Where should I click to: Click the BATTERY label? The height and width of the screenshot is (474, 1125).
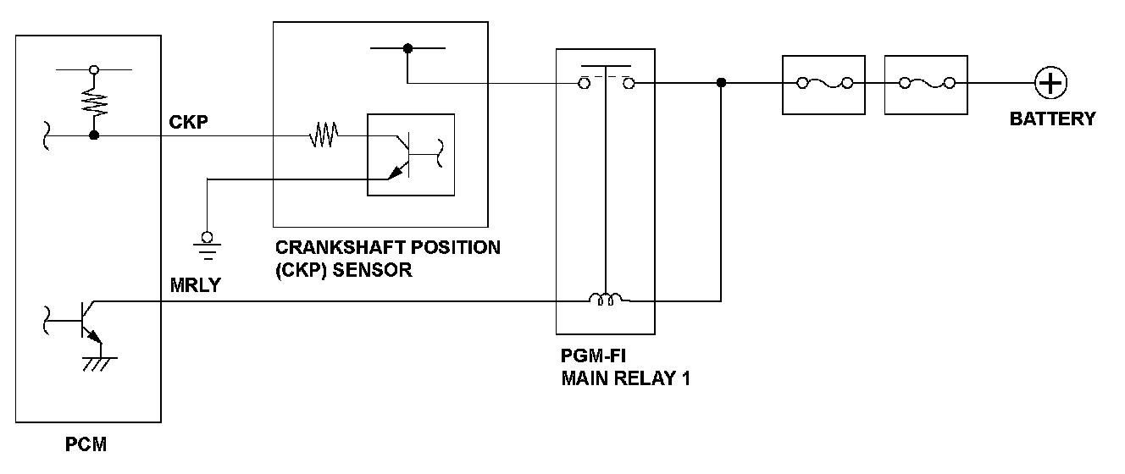(1052, 118)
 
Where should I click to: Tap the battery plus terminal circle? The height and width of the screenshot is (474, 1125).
(1050, 83)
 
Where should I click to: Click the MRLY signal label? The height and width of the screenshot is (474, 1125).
(194, 285)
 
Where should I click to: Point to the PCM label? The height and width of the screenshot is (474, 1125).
(86, 444)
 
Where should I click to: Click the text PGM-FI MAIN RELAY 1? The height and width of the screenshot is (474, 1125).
(625, 368)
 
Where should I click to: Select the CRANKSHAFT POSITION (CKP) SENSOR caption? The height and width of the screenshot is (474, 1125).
(387, 259)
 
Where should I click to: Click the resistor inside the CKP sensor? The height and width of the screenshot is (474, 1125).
(324, 135)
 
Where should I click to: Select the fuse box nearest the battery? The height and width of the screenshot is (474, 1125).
(926, 84)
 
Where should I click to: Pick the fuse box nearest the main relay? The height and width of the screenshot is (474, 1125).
(823, 84)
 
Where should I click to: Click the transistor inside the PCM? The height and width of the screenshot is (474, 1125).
(85, 322)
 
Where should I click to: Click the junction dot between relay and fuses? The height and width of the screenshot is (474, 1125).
(721, 83)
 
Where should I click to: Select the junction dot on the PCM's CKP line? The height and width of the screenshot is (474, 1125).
(94, 135)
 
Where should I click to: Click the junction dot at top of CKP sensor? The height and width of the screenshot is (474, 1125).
(407, 49)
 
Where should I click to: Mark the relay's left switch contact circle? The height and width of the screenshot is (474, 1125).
(584, 83)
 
